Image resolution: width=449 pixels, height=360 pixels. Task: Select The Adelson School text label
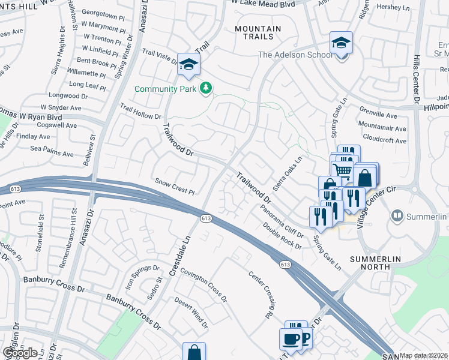295,55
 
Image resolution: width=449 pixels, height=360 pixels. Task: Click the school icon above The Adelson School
341,43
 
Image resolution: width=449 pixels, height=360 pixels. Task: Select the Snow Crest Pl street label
175,187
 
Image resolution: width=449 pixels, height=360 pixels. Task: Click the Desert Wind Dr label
191,312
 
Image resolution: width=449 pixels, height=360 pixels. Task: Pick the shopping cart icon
343,170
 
